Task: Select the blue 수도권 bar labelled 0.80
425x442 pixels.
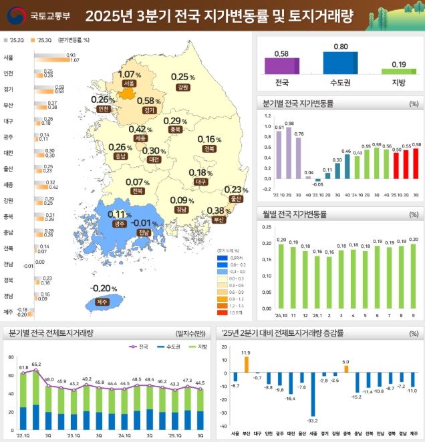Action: coord(340,63)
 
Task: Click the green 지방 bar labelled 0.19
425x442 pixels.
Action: coord(399,71)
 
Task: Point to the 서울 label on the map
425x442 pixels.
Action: coord(129,83)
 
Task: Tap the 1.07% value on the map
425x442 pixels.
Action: coord(128,74)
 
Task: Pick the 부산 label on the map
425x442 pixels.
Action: coord(217,219)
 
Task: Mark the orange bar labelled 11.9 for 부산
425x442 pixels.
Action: coord(246,364)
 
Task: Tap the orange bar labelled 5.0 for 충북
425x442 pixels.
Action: coord(345,369)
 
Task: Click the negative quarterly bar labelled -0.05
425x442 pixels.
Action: coord(318,180)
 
